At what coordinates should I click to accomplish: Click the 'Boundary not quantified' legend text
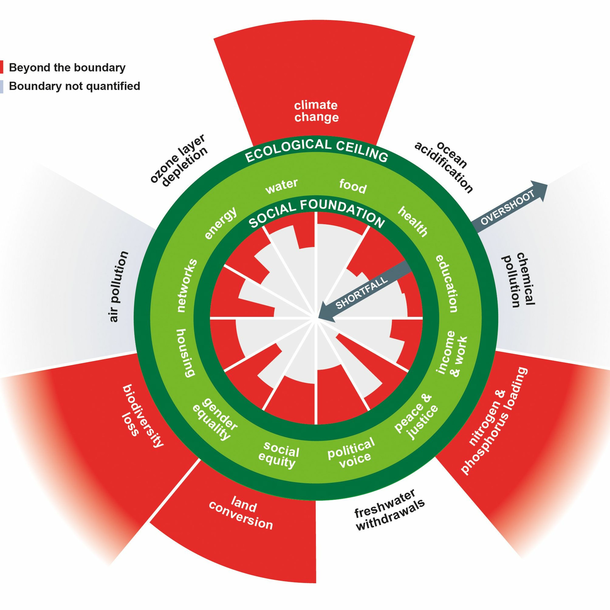[74, 86]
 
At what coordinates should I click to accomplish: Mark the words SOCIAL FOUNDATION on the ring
[317, 211]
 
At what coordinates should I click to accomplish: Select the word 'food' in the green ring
[353, 186]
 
